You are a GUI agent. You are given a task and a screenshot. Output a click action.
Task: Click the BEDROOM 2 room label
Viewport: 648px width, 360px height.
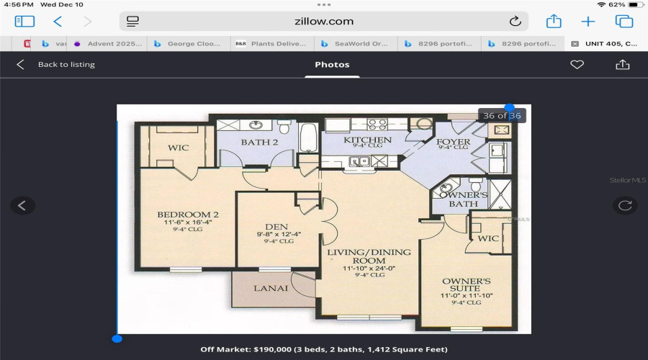click(x=188, y=215)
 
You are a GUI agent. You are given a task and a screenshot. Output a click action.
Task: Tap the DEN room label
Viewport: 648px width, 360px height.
click(x=276, y=226)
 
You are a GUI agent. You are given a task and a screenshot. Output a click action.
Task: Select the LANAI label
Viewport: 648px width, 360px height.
click(x=271, y=288)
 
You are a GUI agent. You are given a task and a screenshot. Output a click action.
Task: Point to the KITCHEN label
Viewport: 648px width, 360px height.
click(x=367, y=140)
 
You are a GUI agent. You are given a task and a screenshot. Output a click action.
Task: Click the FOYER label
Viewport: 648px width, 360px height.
click(x=454, y=142)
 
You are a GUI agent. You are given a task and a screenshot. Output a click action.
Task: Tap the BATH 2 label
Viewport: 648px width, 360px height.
click(x=259, y=143)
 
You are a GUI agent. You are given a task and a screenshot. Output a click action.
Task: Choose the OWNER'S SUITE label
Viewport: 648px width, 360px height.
click(x=466, y=285)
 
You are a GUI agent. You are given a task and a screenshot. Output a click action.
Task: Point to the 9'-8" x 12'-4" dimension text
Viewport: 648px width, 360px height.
click(x=276, y=234)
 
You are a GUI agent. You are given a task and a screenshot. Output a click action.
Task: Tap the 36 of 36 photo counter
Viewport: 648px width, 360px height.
click(x=503, y=116)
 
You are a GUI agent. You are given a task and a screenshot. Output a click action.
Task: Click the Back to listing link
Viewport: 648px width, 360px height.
click(x=66, y=65)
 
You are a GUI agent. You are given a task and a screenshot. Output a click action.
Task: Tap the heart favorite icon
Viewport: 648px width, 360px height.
click(x=577, y=65)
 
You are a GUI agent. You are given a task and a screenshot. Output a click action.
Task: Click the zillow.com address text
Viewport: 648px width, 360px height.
click(x=324, y=22)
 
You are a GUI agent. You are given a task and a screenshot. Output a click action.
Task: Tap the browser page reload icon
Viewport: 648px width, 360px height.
click(x=515, y=22)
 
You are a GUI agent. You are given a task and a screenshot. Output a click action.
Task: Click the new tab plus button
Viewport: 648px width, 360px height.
click(x=588, y=22)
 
